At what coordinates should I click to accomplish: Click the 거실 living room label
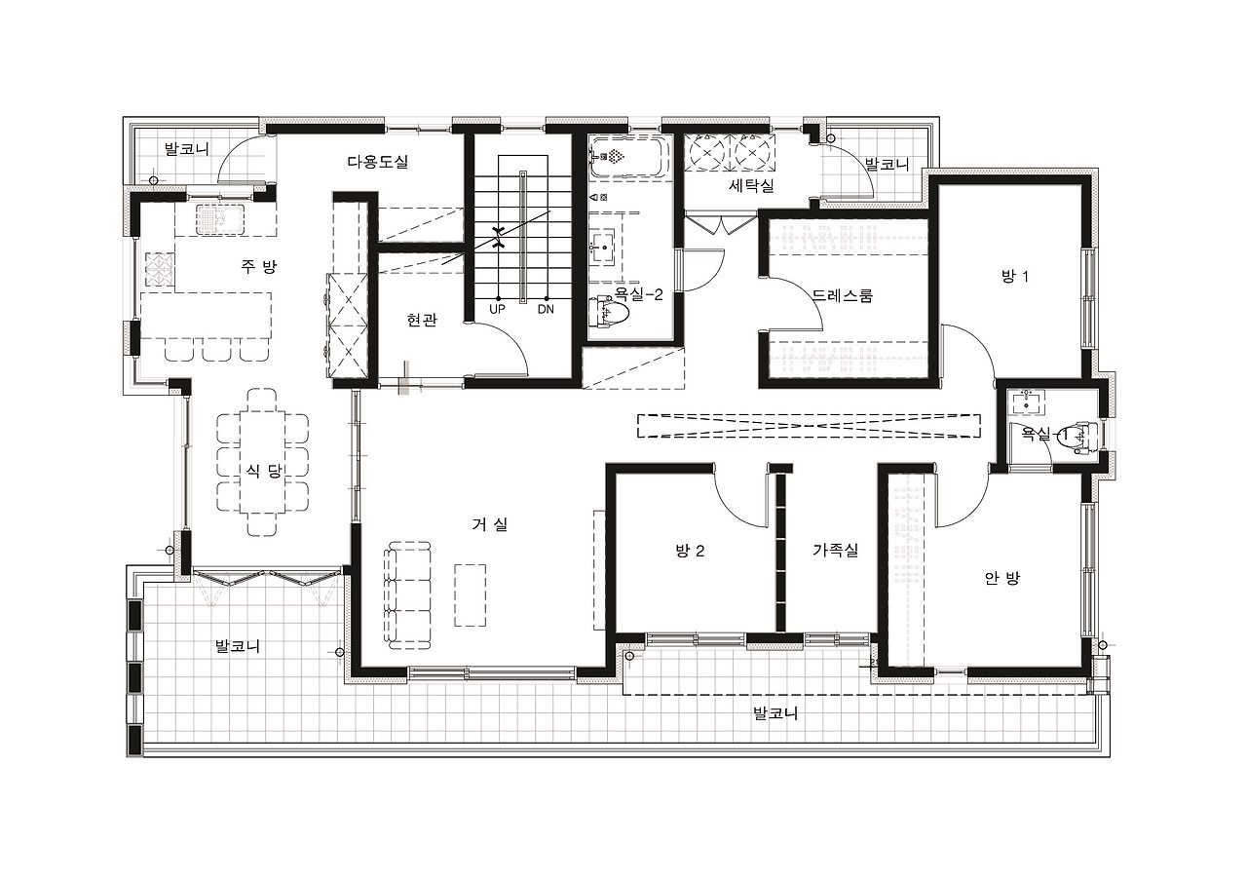click(x=490, y=524)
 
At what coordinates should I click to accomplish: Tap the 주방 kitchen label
click(x=258, y=267)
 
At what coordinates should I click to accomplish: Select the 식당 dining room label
click(x=264, y=471)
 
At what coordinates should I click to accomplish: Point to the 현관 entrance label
click(x=422, y=320)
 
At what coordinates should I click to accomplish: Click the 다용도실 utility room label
click(x=378, y=162)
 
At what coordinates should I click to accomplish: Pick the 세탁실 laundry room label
click(x=751, y=185)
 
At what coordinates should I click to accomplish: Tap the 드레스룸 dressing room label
click(x=843, y=295)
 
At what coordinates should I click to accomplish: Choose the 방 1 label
click(x=1014, y=276)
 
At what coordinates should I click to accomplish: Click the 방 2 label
click(x=690, y=552)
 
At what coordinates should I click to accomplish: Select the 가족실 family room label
click(x=836, y=551)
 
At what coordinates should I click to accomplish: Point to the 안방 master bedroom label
click(x=1002, y=579)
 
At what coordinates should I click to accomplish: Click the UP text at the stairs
click(x=497, y=310)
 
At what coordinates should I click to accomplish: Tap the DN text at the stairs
click(x=546, y=310)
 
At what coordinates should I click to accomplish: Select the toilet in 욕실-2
click(x=611, y=314)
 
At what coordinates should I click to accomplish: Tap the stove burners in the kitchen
click(x=161, y=270)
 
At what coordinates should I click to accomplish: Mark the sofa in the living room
click(x=407, y=594)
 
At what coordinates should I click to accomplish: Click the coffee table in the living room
click(x=471, y=595)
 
